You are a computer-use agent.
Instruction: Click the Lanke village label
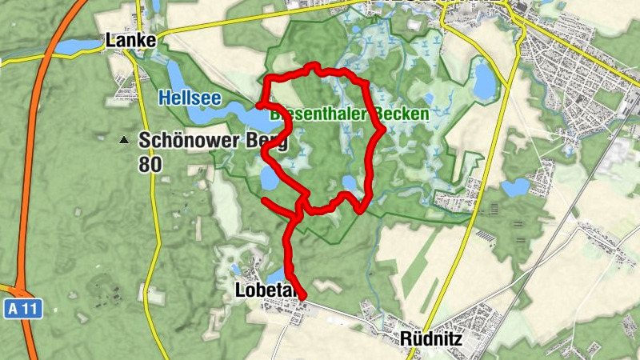pos(130,40)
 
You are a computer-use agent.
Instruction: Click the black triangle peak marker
pos(123,141)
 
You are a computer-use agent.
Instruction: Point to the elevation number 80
pos(150,165)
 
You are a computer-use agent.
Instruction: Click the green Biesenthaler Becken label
pos(350,114)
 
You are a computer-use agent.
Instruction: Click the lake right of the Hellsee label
pos(244,114)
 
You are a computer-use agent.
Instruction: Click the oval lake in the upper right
pos(484,82)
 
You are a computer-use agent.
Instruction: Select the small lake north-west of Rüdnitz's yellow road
pos(515,188)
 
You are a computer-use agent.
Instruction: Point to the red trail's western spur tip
pos(264,199)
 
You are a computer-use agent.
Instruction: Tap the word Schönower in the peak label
pos(191,140)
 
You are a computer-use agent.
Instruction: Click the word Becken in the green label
pos(404,114)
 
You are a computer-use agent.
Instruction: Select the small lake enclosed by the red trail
pos(349,183)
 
